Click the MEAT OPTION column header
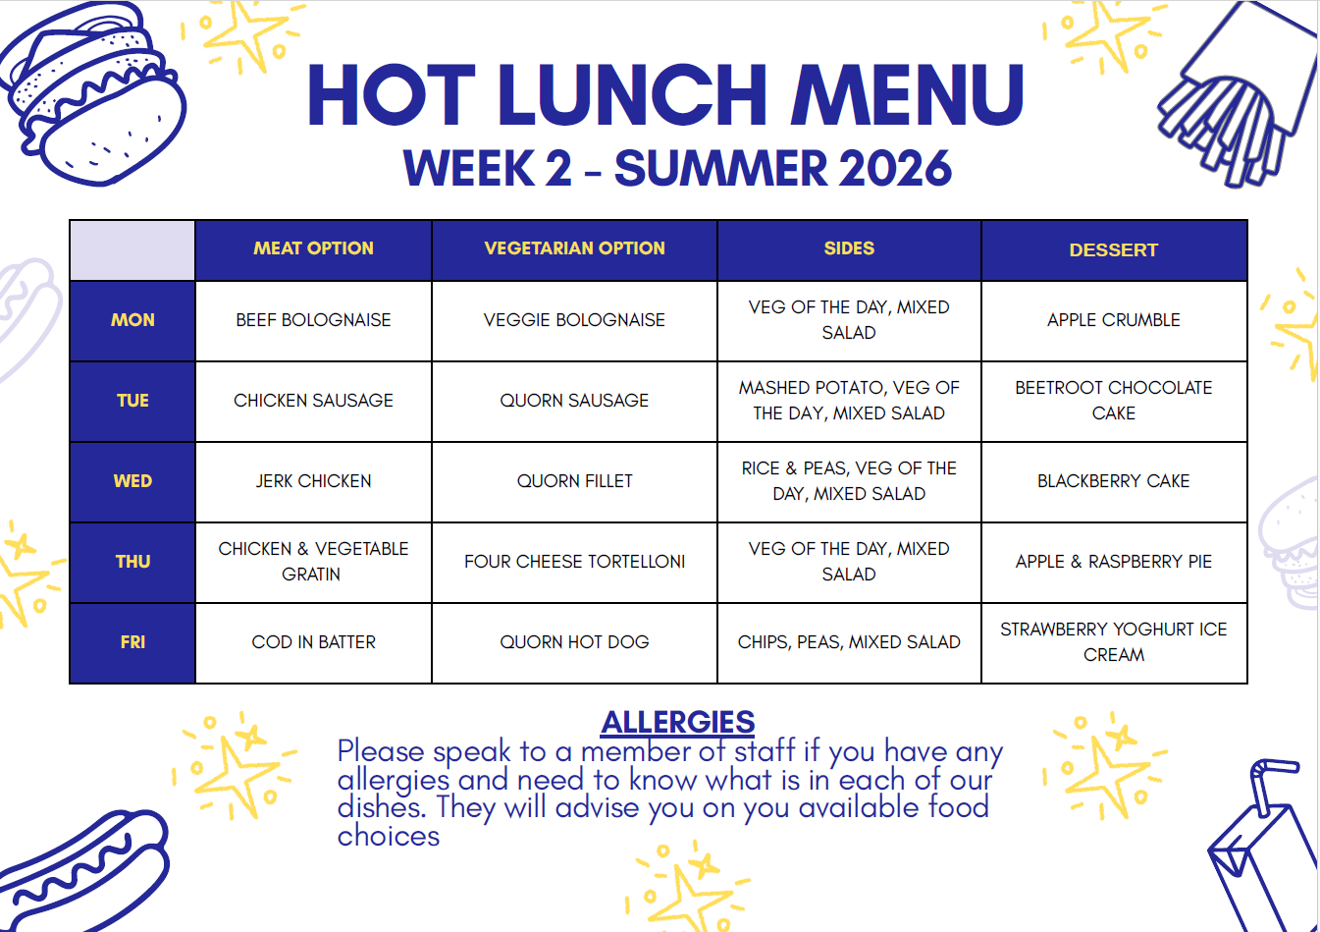[313, 248]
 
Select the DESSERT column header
[1113, 250]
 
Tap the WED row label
[132, 481]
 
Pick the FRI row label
[132, 641]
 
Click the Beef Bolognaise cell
[313, 320]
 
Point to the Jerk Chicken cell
[313, 481]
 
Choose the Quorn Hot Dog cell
[574, 641]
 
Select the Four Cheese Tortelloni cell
[574, 562]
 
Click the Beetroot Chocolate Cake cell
[1113, 401]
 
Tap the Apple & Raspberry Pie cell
[1113, 562]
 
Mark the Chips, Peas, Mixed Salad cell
[849, 641]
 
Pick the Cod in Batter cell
[313, 641]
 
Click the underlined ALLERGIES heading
[678, 722]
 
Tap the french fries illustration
[1235, 94]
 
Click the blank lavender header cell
[132, 250]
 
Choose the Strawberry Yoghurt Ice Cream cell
[1113, 641]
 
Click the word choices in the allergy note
[389, 837]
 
